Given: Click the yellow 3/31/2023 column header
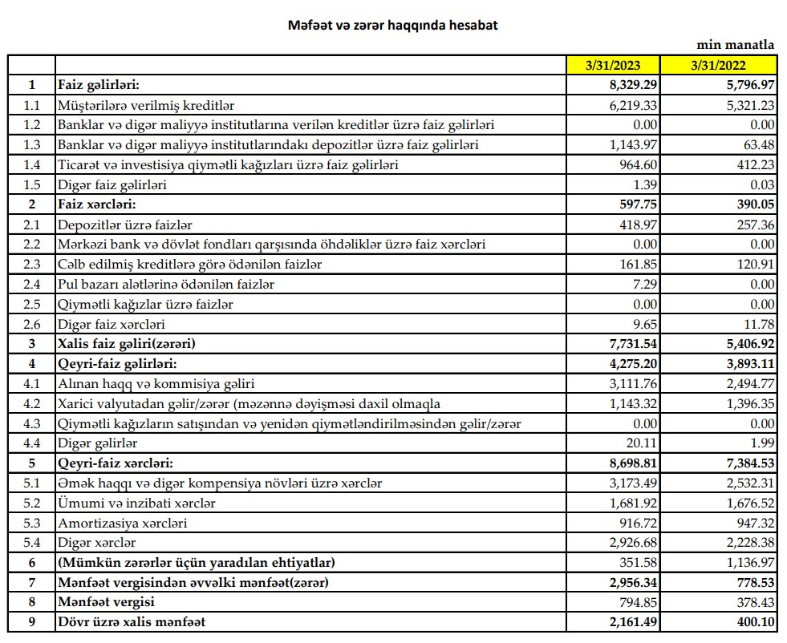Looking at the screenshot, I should pos(614,65).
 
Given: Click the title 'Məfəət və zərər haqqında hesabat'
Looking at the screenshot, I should pos(393,26).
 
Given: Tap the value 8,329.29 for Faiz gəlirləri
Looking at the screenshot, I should pos(635,85).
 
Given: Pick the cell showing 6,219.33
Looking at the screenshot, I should pos(635,105).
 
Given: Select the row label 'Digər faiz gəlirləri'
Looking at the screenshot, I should pos(117,184).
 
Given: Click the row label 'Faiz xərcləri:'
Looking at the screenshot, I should pos(99,204).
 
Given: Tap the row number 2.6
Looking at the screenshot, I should pos(31,324).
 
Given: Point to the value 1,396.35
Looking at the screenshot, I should pos(750,403).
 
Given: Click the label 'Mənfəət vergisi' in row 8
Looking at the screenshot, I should pos(106,601).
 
